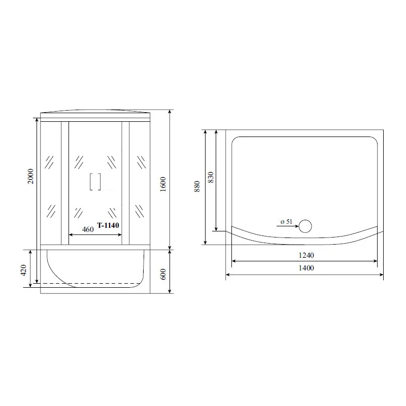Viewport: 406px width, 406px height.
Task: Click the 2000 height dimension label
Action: (x=30, y=176)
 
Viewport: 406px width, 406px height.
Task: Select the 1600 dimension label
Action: (x=163, y=184)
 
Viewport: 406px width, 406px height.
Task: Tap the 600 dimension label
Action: (x=163, y=274)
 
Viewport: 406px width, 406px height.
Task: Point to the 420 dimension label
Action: (x=23, y=270)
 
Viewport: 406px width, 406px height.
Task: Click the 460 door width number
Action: (x=88, y=229)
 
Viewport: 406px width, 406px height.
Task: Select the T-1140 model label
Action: (x=108, y=225)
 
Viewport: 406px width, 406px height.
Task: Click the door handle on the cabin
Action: (x=95, y=182)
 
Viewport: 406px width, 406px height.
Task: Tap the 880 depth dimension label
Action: (x=197, y=186)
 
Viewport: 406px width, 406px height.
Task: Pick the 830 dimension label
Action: (x=211, y=177)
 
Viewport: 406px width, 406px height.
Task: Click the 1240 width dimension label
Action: (x=307, y=255)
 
